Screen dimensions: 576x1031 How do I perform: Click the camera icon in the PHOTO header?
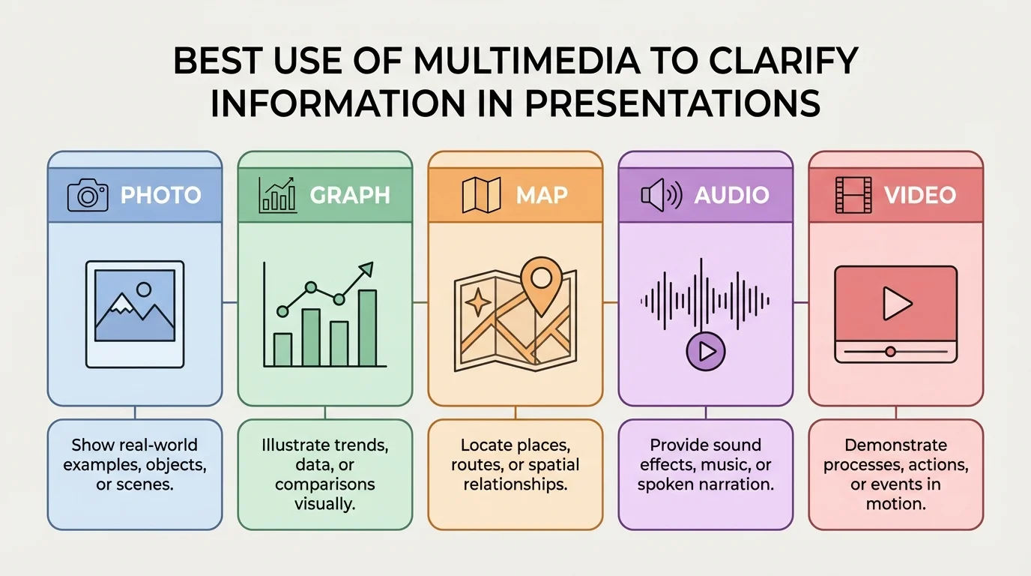88,196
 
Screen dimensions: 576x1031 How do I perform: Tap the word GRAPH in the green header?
350,196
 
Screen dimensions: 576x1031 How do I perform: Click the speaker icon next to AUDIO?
660,196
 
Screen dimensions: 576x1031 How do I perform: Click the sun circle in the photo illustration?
144,289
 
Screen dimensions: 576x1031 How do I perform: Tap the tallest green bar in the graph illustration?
368,328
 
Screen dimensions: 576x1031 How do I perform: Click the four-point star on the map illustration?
478,304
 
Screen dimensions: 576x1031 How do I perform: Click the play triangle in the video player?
895,304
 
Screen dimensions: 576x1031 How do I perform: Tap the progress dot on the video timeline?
890,351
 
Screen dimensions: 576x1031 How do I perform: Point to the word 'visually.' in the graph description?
324,504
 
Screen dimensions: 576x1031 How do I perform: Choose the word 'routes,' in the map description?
477,465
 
